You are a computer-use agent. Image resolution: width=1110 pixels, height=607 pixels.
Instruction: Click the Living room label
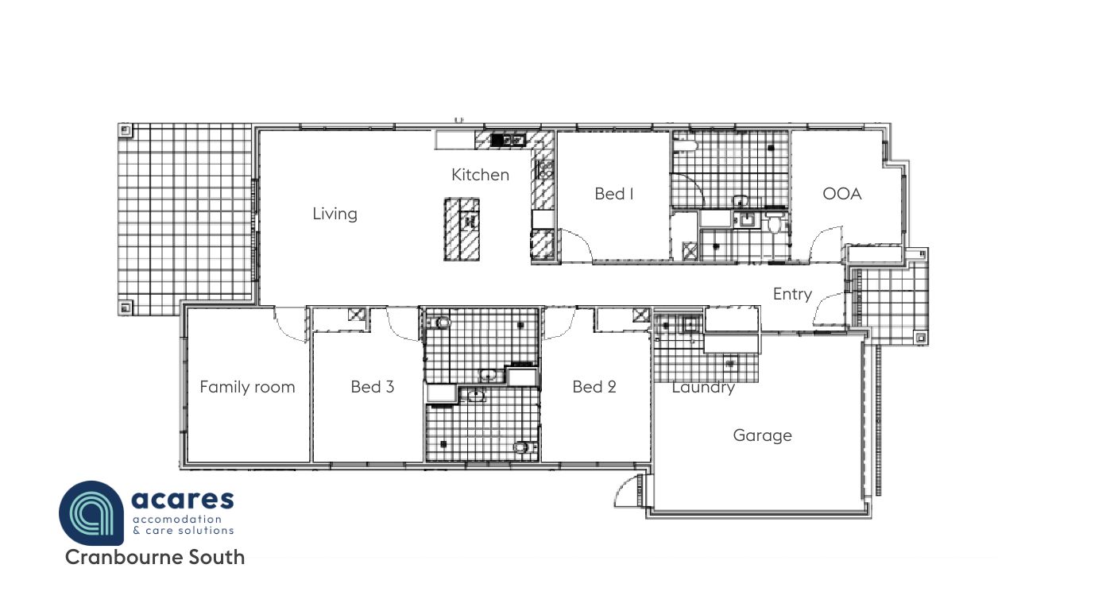click(x=335, y=214)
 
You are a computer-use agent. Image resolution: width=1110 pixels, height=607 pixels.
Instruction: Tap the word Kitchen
click(x=480, y=175)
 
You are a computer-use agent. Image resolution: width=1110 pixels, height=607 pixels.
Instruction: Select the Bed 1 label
click(x=614, y=194)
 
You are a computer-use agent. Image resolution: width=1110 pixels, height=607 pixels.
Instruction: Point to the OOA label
click(x=842, y=194)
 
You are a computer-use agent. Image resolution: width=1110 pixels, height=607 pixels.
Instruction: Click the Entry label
click(x=792, y=294)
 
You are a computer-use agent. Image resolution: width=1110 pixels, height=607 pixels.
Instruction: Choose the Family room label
click(x=247, y=386)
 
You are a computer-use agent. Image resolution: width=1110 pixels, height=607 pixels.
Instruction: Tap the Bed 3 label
click(x=372, y=386)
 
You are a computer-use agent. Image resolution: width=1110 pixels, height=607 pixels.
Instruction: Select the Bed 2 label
click(x=594, y=386)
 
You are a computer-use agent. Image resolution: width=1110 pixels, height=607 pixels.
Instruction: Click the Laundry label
click(x=703, y=388)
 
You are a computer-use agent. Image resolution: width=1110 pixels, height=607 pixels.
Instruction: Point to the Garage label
click(x=762, y=435)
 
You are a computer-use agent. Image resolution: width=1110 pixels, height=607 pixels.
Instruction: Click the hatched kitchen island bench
click(x=462, y=229)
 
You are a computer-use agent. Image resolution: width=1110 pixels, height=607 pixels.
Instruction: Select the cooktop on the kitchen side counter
click(x=544, y=170)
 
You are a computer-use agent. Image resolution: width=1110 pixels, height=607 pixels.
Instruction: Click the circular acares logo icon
click(x=91, y=513)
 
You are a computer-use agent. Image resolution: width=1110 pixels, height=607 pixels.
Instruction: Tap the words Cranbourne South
click(x=155, y=558)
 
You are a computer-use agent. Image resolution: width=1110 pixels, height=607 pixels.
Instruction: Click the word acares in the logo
click(x=183, y=500)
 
